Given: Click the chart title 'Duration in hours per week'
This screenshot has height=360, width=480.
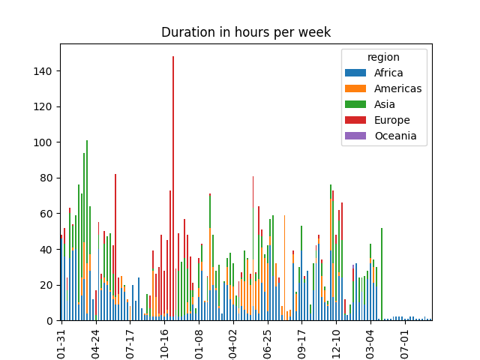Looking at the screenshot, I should (x=245, y=32).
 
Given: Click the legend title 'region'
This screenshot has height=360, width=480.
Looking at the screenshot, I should (x=383, y=57).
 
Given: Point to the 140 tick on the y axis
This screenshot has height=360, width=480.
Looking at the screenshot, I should (x=46, y=71).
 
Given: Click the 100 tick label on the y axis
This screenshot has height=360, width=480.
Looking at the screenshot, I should (x=46, y=142).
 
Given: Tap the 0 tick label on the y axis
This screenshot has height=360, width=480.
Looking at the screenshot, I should (x=51, y=321).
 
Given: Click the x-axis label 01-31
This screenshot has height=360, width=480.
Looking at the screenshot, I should (x=61, y=341).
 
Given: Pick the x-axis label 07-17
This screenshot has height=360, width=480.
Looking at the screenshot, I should (x=130, y=341).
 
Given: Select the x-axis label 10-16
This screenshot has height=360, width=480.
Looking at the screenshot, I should (x=165, y=341).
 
